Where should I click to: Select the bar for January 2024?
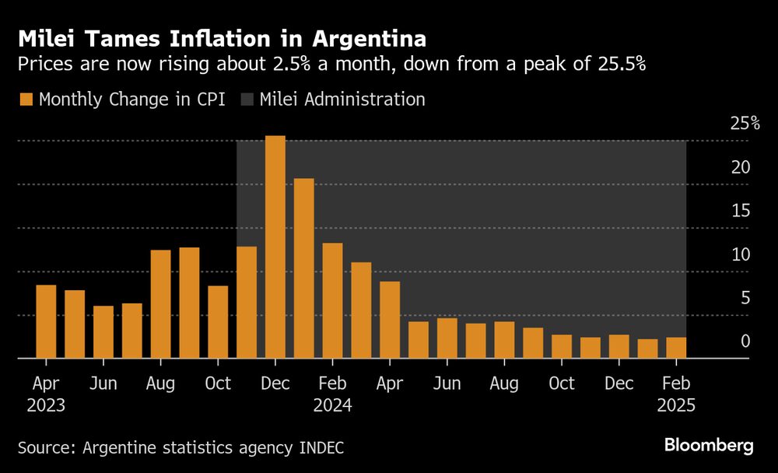(303, 268)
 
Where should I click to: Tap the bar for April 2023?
(46, 321)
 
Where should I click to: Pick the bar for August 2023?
(160, 304)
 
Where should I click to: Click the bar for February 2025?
(675, 348)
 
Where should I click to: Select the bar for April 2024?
(389, 320)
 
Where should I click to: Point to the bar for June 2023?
(103, 332)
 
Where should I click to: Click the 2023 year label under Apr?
(45, 405)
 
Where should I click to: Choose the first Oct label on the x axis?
(218, 384)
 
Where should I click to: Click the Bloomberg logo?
(708, 445)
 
